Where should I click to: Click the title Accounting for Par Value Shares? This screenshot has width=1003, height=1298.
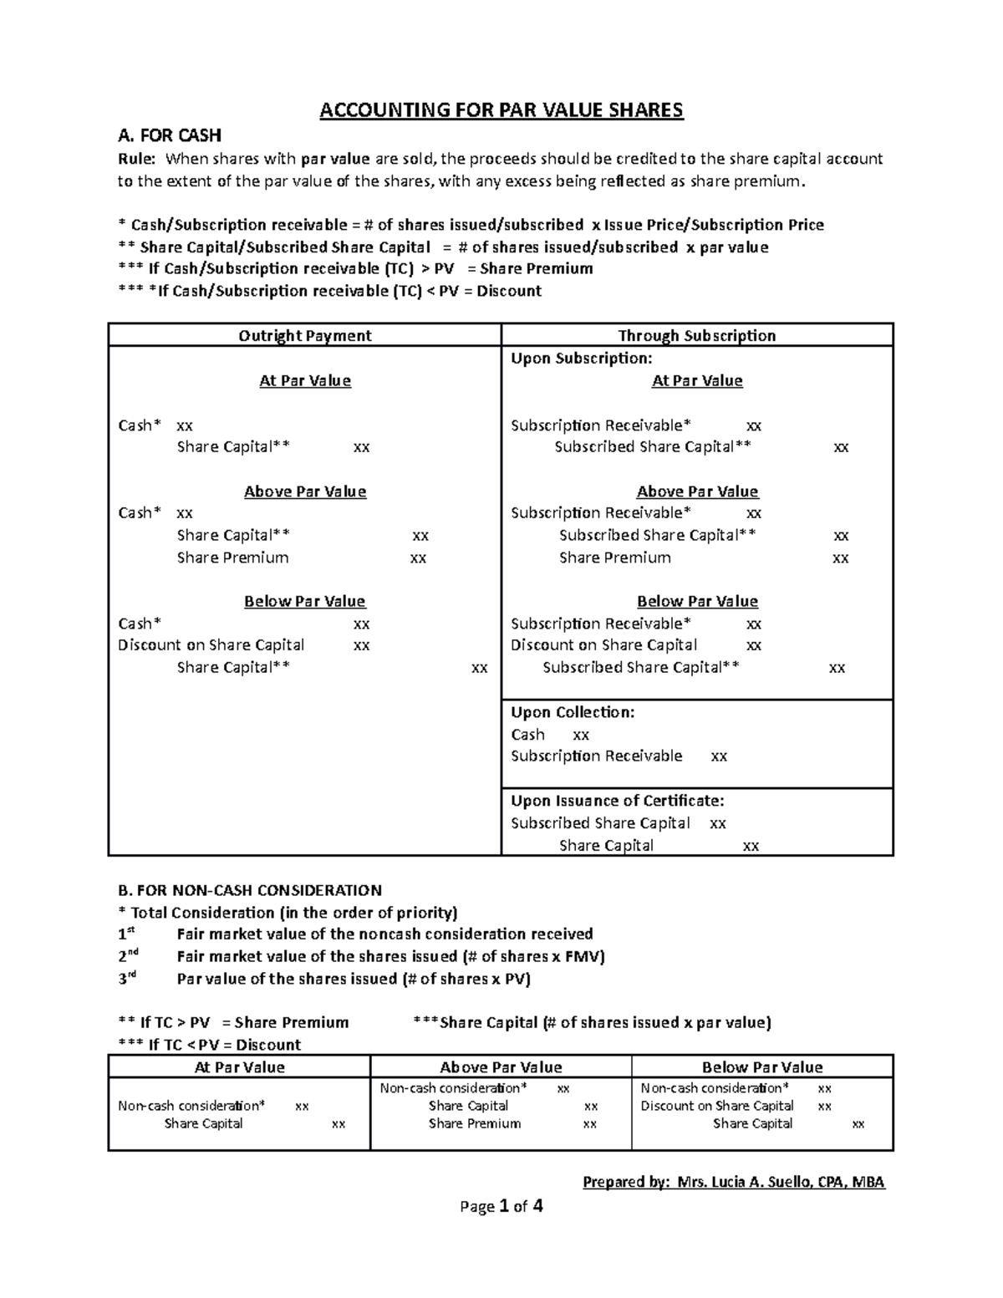click(501, 110)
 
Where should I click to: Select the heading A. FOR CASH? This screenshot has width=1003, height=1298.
click(170, 135)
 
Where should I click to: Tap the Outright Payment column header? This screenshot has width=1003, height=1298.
click(304, 335)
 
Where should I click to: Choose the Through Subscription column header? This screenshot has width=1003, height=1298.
click(696, 335)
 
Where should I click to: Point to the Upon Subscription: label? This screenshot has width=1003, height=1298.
click(581, 358)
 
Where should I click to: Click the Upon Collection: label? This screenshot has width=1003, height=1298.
click(573, 712)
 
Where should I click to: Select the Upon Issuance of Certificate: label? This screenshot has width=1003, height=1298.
click(617, 801)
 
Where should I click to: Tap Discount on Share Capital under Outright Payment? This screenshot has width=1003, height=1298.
click(211, 645)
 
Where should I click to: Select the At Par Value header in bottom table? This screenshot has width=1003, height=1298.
click(239, 1067)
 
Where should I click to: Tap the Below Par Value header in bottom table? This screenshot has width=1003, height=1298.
click(762, 1067)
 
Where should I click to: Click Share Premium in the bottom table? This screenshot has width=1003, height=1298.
click(474, 1124)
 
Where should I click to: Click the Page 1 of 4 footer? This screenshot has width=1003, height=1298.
click(501, 1206)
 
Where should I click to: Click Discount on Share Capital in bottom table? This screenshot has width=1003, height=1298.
click(716, 1106)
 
